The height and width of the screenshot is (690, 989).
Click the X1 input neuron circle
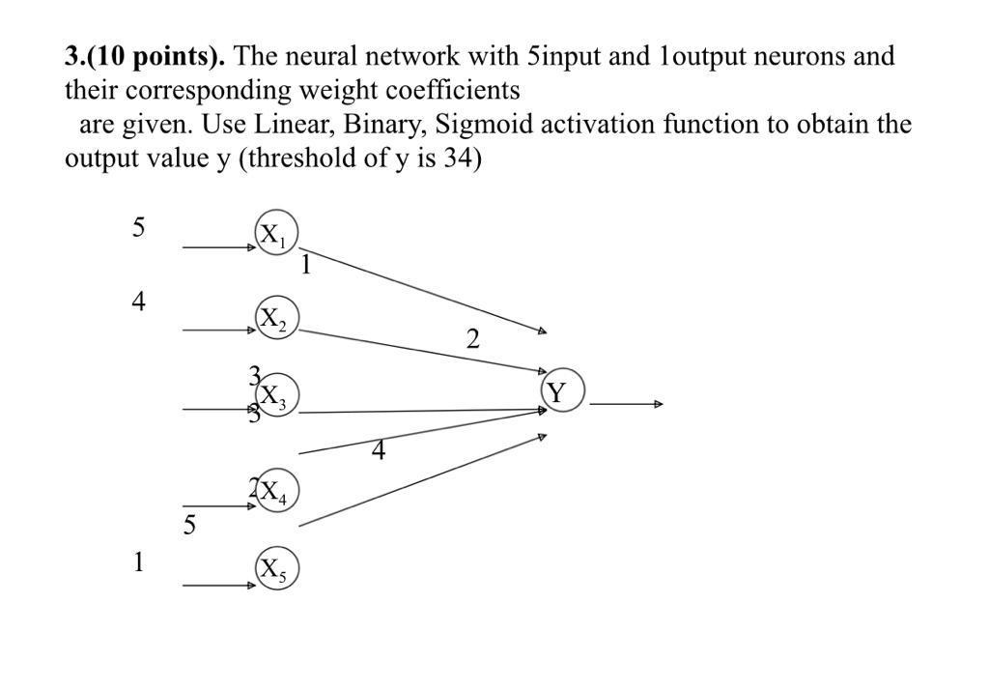click(277, 234)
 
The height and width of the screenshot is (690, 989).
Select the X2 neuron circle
click(277, 318)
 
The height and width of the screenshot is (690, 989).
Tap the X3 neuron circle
click(277, 395)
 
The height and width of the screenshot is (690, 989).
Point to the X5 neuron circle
click(277, 570)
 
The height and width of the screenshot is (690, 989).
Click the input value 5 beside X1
click(139, 228)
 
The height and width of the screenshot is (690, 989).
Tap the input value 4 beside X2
click(139, 302)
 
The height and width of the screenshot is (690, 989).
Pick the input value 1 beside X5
click(139, 562)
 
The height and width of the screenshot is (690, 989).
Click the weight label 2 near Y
click(472, 339)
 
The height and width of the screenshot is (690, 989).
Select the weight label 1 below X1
click(305, 265)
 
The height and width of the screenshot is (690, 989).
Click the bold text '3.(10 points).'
click(145, 56)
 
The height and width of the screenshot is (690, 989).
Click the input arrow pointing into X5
click(218, 586)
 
